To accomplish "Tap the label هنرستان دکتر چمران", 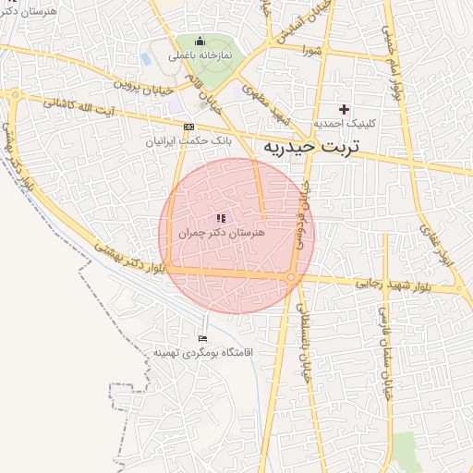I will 222,234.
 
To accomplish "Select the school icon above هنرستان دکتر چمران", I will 221,219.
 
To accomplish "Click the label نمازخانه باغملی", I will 200,55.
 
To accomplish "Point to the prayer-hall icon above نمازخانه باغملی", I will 200,42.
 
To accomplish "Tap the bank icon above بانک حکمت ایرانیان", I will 188,127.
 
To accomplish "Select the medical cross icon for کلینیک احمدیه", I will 344,109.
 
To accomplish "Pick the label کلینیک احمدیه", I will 343,123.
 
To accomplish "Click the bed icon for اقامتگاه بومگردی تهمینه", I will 203,340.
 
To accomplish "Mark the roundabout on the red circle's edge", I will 291,277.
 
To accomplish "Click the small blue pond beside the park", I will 146,58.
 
